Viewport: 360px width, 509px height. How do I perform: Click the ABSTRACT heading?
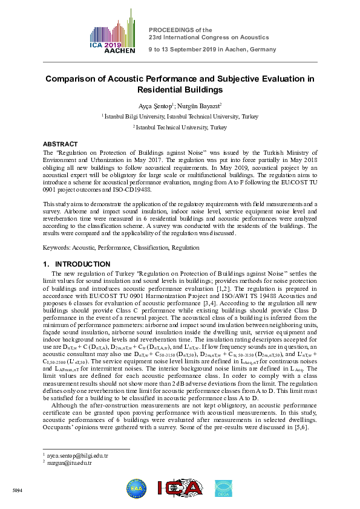click(60, 144)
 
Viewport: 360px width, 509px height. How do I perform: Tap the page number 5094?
click(17, 490)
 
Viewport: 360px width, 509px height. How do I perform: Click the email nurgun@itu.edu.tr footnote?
click(68, 462)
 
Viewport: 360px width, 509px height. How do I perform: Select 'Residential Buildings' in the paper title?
click(180, 90)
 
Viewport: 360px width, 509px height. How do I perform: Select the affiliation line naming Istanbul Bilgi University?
click(180, 116)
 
